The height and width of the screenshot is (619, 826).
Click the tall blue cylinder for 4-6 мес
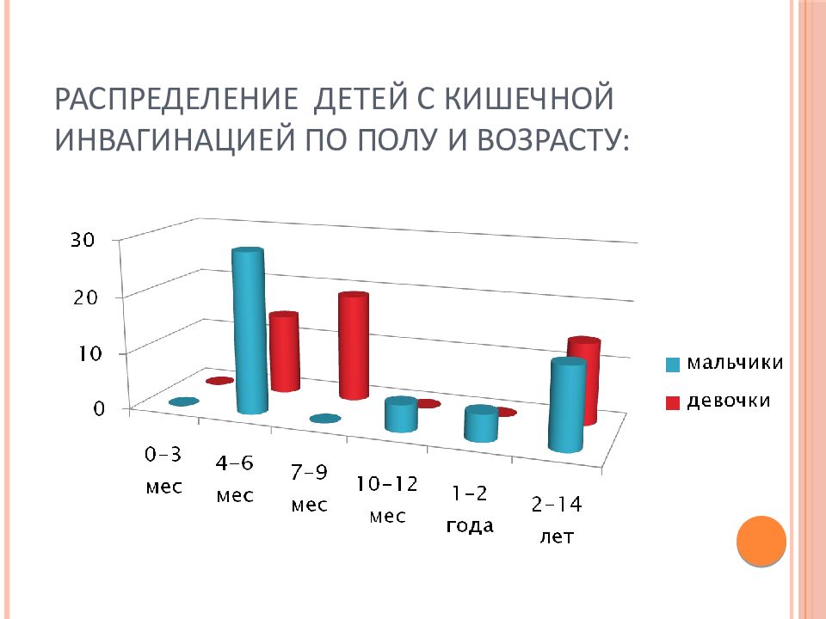click(x=250, y=330)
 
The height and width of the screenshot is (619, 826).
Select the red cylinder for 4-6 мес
click(x=284, y=352)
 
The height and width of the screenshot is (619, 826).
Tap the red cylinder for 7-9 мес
click(x=354, y=346)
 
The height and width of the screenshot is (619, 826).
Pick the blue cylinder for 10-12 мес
click(x=402, y=414)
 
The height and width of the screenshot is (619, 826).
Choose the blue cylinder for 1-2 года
click(x=481, y=424)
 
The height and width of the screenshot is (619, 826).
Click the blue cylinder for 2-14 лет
click(x=567, y=405)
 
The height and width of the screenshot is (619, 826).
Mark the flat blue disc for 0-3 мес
click(x=184, y=401)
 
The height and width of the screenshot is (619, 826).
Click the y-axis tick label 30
click(x=83, y=240)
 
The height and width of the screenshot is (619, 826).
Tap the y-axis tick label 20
click(x=85, y=298)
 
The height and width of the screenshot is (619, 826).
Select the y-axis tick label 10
click(x=89, y=353)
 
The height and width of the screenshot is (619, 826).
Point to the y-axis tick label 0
click(x=99, y=409)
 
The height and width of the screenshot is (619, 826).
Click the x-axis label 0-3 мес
click(x=163, y=470)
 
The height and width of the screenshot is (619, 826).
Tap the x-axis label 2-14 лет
click(x=557, y=520)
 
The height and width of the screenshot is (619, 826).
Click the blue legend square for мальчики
click(x=673, y=365)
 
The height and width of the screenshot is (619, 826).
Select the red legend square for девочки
click(x=673, y=402)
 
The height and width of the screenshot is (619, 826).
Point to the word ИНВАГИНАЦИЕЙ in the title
click(x=174, y=139)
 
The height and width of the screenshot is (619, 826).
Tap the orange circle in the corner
click(x=761, y=541)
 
